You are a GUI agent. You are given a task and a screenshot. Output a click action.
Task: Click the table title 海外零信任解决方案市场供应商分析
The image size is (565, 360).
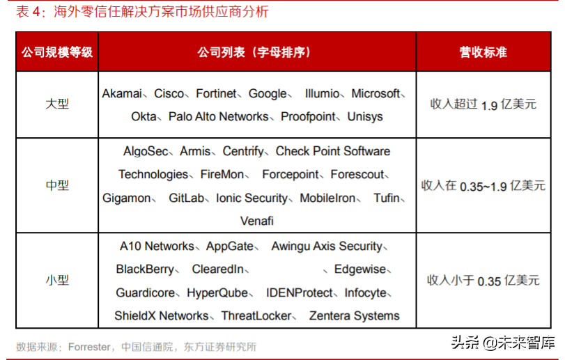(152, 13)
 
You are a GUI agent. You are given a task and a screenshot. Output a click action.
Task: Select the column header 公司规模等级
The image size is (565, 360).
(57, 52)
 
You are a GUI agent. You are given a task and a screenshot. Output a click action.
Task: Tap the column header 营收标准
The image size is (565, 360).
(483, 52)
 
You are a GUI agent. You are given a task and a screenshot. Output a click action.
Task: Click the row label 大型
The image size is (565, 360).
(57, 104)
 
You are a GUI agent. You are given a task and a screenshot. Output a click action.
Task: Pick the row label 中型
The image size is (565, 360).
(57, 185)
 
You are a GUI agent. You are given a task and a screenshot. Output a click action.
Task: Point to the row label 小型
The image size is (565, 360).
(57, 280)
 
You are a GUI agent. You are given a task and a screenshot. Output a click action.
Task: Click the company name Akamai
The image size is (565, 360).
(122, 93)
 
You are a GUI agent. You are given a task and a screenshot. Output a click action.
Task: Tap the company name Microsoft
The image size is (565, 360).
(376, 93)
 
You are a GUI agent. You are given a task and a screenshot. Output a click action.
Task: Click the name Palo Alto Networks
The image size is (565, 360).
(218, 116)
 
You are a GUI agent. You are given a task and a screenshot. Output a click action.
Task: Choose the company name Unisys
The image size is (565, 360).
(364, 116)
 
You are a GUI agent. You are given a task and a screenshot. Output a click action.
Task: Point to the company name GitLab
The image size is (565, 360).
(186, 198)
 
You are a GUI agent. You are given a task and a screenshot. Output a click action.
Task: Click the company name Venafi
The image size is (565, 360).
(257, 221)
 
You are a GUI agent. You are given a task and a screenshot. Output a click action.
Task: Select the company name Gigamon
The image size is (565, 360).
(126, 198)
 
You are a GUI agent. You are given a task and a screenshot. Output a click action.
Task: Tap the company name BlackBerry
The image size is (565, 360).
(145, 269)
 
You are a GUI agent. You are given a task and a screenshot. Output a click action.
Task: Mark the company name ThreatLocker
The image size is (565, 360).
(256, 315)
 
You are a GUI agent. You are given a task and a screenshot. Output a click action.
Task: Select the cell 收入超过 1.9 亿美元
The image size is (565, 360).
(483, 104)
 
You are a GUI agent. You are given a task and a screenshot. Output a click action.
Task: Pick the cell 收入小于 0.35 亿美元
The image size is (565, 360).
(483, 280)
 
